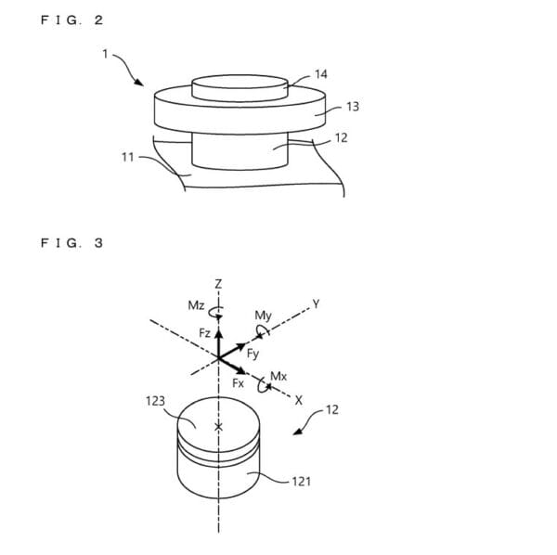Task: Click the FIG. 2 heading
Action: pos(71,20)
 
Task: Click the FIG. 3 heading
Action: pos(71,243)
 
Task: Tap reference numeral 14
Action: pos(321,74)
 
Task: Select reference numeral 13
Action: pos(353,107)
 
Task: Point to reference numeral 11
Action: pos(128,157)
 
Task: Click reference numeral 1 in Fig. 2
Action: pos(105,54)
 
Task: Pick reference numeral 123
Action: pos(156,401)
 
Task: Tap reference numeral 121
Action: pos(301,482)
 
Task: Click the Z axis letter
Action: pos(218,284)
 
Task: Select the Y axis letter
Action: pos(316,304)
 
